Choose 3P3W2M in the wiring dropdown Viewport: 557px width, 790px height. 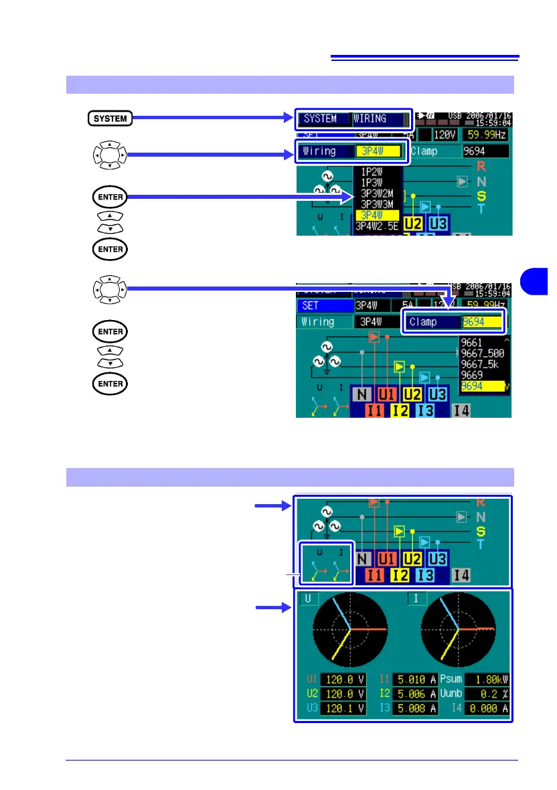coord(378,193)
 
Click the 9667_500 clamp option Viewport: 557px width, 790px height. coord(481,353)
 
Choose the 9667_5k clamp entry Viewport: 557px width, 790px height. coord(478,364)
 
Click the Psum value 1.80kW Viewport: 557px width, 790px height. coord(488,678)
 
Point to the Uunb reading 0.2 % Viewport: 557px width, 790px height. coord(488,693)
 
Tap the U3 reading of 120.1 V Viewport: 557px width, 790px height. coord(344,708)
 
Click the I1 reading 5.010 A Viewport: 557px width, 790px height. coord(415,678)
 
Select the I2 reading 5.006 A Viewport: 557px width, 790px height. coord(415,693)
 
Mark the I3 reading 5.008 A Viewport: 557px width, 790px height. coord(415,708)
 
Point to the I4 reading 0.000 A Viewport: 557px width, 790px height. coord(488,708)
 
